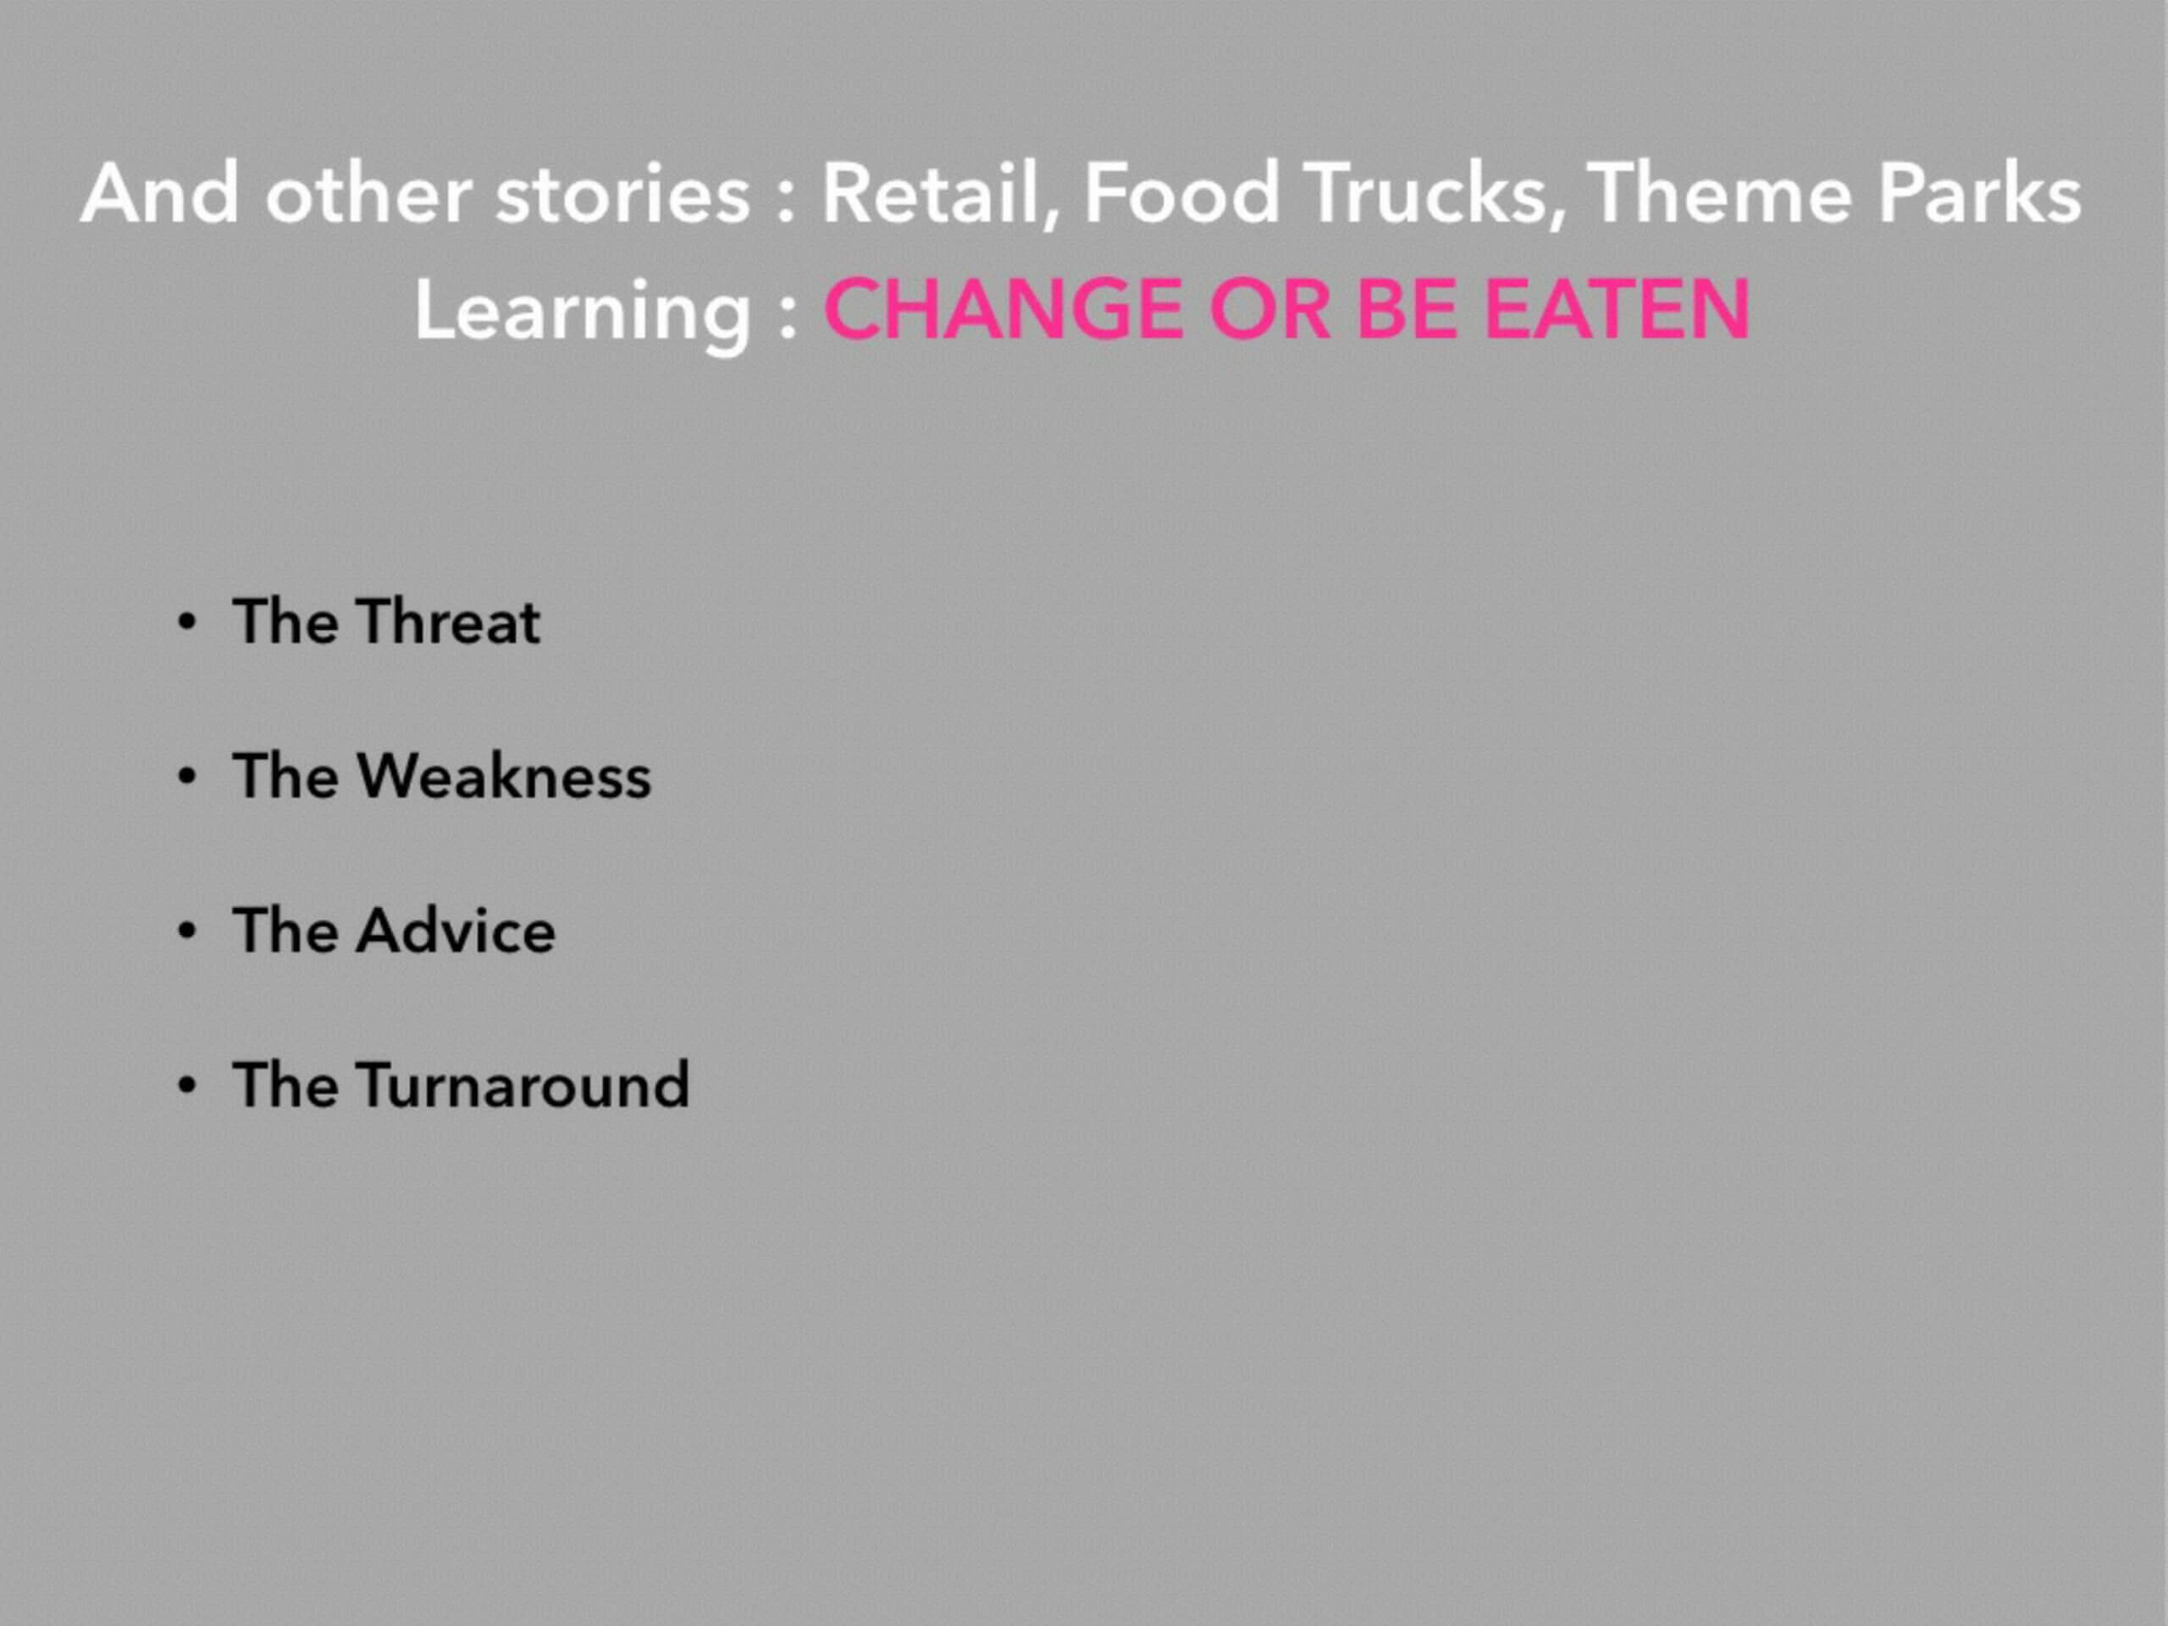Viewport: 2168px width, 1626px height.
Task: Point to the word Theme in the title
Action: [1719, 194]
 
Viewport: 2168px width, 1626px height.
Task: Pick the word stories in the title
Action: [622, 194]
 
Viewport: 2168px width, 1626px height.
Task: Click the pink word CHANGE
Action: [1004, 309]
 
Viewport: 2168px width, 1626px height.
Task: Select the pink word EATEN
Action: [1618, 309]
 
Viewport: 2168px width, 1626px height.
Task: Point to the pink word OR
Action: [1270, 309]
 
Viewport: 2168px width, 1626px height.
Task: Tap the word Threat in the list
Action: [448, 622]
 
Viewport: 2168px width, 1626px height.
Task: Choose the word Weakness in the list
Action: [504, 777]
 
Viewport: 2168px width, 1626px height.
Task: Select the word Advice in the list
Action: [456, 930]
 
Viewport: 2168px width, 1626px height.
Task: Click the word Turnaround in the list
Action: [523, 1085]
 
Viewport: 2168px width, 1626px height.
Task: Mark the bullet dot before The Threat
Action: [187, 623]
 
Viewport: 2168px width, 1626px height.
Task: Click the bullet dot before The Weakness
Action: [187, 777]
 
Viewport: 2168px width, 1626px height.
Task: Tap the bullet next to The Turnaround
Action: [187, 1086]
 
